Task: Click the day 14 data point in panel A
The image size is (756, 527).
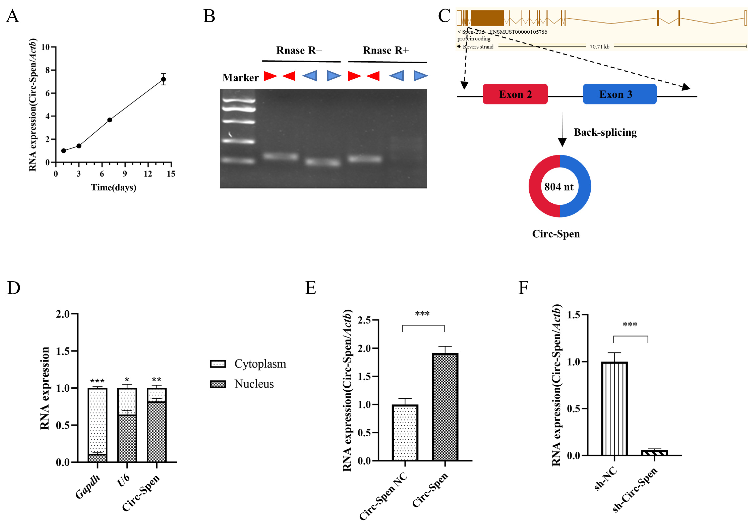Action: pyautogui.click(x=163, y=79)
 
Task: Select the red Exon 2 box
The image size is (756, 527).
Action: pyautogui.click(x=515, y=94)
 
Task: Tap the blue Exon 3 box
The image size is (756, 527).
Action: pyautogui.click(x=619, y=94)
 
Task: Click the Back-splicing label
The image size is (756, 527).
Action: pyautogui.click(x=605, y=132)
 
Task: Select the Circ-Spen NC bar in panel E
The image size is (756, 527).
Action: pyautogui.click(x=405, y=433)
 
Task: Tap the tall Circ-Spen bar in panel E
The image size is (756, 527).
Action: pyautogui.click(x=445, y=407)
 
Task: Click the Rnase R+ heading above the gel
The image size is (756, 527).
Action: pyautogui.click(x=386, y=50)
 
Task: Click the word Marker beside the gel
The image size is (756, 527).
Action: pyautogui.click(x=240, y=78)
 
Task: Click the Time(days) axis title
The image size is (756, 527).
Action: pyautogui.click(x=114, y=187)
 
